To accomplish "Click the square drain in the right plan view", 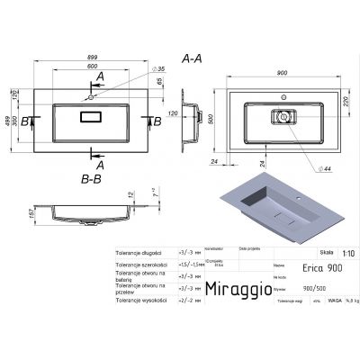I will pyautogui.click(x=283, y=117).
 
